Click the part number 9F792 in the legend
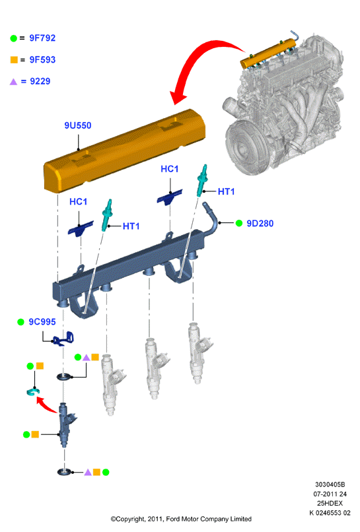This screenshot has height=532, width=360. click(42, 38)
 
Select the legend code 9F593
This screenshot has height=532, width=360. click(42, 59)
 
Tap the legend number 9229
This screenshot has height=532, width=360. click(40, 81)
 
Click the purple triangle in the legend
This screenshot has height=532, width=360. click(14, 82)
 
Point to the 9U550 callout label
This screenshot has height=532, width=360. click(78, 125)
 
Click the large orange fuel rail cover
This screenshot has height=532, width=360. click(124, 150)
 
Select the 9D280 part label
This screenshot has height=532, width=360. click(260, 223)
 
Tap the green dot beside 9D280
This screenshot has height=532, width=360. click(239, 223)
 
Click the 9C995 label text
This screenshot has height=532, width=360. click(42, 321)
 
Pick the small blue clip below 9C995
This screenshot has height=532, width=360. click(64, 339)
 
